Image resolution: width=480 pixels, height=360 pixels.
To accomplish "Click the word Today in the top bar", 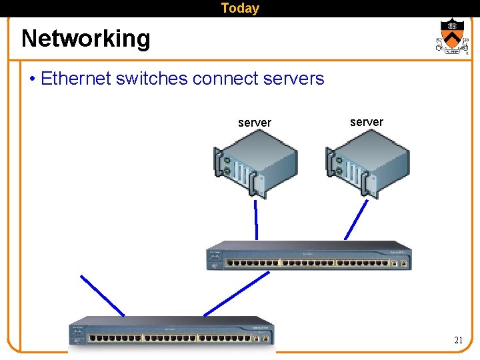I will click(x=240, y=8).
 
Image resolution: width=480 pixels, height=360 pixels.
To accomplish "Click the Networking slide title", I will click(x=86, y=39).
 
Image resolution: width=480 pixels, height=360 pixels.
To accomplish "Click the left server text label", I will click(x=255, y=123).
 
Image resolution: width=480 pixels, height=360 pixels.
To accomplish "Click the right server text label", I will click(x=367, y=122).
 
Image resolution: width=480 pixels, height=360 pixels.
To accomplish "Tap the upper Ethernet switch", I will click(x=309, y=256).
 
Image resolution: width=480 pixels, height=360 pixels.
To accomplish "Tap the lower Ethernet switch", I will click(x=172, y=331).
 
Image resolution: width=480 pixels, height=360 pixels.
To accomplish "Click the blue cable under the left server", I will click(x=256, y=219).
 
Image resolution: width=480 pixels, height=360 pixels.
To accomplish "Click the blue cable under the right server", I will click(x=356, y=219).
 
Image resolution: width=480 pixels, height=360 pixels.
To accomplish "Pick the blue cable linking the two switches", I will click(x=237, y=293).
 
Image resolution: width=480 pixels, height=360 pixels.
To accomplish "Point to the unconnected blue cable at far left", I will click(x=102, y=295).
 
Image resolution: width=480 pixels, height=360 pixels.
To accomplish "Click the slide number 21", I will click(x=458, y=340).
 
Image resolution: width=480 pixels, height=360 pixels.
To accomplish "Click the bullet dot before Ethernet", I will click(x=33, y=79).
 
